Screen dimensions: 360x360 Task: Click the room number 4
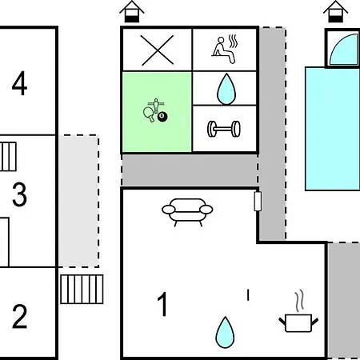[x=19, y=83]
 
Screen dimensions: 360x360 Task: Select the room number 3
[x=19, y=194]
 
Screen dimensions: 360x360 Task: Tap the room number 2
[x=19, y=316]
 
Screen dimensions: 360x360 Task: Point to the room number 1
[x=162, y=304]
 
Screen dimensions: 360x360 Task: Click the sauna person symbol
[x=225, y=50]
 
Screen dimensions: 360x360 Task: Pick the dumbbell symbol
[x=224, y=129]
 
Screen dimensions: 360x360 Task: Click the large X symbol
[x=157, y=50]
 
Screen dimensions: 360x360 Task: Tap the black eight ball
[x=162, y=117]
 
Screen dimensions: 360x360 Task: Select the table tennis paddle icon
[x=149, y=114]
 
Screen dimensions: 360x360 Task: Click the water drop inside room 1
[x=226, y=332]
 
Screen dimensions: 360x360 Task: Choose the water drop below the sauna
[x=226, y=89]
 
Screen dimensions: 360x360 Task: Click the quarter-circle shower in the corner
[x=344, y=50]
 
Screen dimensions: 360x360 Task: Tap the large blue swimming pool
[x=333, y=129]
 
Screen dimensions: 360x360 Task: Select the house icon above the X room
[x=132, y=11]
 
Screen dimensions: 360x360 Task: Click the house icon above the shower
[x=335, y=11]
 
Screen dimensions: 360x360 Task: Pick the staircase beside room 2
[x=82, y=289]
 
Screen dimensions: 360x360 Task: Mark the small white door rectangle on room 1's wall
[x=258, y=201]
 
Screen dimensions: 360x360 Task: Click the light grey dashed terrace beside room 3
[x=78, y=201]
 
